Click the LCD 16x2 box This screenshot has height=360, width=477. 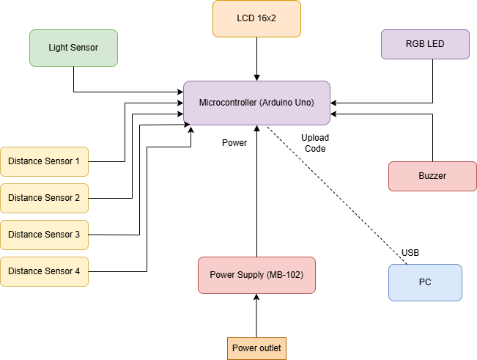(x=256, y=18)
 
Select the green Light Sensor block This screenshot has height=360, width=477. (x=73, y=48)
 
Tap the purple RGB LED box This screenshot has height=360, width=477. (x=425, y=44)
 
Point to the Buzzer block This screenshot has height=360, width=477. (x=432, y=176)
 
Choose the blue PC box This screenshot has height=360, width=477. (x=425, y=282)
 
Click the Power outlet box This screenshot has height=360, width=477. (x=256, y=348)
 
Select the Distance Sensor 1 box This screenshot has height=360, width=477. (x=44, y=161)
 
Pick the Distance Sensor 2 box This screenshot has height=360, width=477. (x=44, y=198)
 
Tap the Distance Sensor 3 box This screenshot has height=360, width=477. (x=44, y=235)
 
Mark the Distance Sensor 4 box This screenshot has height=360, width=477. (x=44, y=271)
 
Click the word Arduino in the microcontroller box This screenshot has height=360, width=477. (x=276, y=103)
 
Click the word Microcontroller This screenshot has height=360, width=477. (x=227, y=103)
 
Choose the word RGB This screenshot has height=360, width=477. (x=415, y=44)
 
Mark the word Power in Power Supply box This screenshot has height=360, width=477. (x=223, y=275)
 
